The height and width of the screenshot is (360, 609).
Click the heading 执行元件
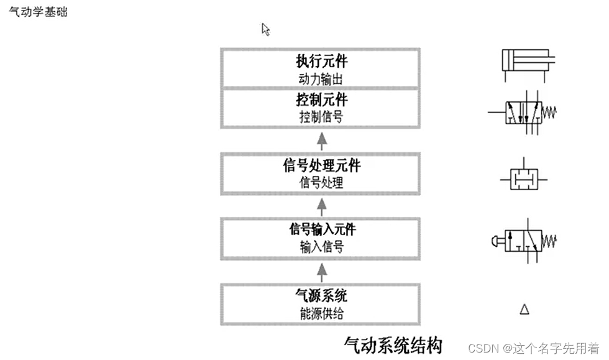pos(321,62)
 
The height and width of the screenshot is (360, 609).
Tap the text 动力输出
pos(321,78)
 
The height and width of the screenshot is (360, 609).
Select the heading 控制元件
pos(321,100)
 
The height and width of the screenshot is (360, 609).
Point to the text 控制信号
pos(321,116)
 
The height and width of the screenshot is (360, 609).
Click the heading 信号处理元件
pos(321,167)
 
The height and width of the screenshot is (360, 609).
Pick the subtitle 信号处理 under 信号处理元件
pos(321,183)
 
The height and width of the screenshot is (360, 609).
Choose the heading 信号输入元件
pos(321,229)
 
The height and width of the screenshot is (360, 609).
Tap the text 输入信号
pos(321,246)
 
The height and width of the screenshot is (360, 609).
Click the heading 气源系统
pos(321,295)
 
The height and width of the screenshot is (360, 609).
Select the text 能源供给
pos(321,312)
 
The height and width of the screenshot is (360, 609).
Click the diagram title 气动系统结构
pos(393,344)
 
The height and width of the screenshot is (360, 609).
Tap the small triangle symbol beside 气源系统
pos(524,308)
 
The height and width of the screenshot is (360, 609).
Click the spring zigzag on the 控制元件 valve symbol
pos(550,113)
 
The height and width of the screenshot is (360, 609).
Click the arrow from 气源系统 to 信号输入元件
pos(321,270)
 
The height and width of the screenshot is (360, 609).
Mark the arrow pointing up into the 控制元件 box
pos(321,141)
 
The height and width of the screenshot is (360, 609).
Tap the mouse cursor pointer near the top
pos(265,29)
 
